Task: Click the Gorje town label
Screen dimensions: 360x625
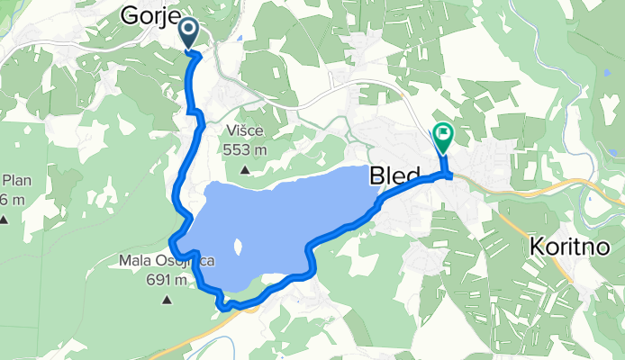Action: point(149,15)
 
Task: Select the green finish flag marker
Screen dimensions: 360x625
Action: point(443,136)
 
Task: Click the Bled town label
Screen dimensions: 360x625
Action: point(394,176)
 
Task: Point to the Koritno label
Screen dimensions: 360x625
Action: point(565,245)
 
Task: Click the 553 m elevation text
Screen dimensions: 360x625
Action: point(247,150)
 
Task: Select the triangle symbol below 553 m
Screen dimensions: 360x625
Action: point(245,169)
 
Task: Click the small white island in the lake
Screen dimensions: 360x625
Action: point(238,245)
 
